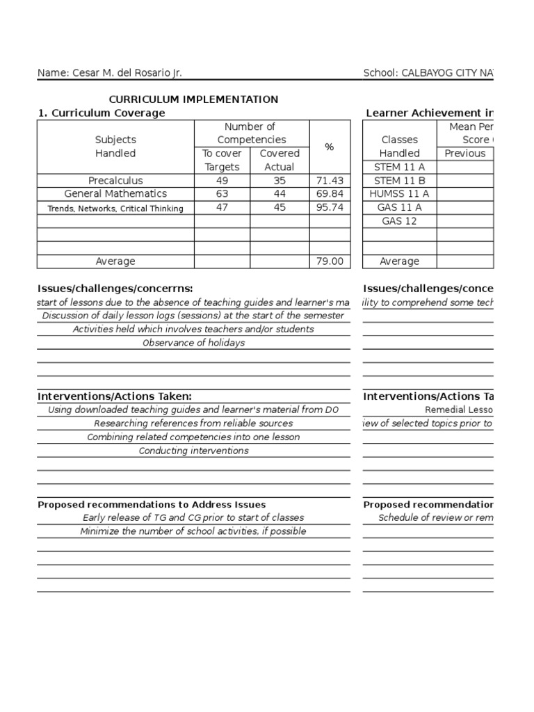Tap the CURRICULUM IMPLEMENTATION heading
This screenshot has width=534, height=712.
193,99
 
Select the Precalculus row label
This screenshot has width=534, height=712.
115,181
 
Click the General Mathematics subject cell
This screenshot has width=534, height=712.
115,194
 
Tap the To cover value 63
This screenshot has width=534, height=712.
222,194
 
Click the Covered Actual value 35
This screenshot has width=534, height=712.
280,181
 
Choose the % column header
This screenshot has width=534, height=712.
330,147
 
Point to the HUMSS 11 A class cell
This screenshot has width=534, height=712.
400,194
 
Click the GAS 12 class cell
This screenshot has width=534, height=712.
400,221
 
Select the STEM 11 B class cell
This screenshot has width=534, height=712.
400,181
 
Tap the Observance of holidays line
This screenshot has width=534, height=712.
193,343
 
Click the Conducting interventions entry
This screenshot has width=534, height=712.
193,451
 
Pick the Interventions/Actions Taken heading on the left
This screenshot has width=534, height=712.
114,396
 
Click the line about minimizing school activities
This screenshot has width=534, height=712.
193,531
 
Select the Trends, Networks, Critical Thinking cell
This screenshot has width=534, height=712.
115,208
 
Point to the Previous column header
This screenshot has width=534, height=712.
464,154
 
